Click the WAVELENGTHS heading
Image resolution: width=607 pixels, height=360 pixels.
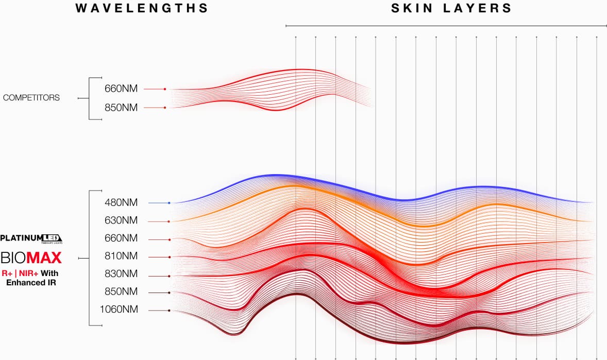pyautogui.click(x=142, y=8)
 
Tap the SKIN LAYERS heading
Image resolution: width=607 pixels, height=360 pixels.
pyautogui.click(x=451, y=8)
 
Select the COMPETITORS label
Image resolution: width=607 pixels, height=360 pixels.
pyautogui.click(x=31, y=97)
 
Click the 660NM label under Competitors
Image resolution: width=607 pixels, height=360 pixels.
pyautogui.click(x=121, y=89)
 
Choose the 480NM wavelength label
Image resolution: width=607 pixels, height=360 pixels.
pyautogui.click(x=121, y=202)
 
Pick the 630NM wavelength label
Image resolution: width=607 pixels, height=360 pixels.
pyautogui.click(x=121, y=220)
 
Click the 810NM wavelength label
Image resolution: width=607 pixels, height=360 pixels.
pyautogui.click(x=121, y=256)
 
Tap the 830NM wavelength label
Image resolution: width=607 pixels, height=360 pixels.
pyautogui.click(x=121, y=274)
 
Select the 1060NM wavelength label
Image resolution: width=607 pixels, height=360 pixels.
pyautogui.click(x=119, y=310)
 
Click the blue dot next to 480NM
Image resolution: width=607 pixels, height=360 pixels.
pyautogui.click(x=169, y=203)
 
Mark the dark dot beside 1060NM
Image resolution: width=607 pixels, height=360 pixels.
pyautogui.click(x=169, y=311)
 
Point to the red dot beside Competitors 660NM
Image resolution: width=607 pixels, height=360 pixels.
pyautogui.click(x=165, y=89)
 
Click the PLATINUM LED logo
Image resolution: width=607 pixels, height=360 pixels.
pyautogui.click(x=31, y=238)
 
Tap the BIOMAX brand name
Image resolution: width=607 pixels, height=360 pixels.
pyautogui.click(x=31, y=257)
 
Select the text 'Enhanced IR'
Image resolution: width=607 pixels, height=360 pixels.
pyautogui.click(x=30, y=282)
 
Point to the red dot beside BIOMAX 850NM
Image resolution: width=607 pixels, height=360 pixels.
pyautogui.click(x=169, y=293)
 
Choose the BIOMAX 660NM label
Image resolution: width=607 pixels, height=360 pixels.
pyautogui.click(x=121, y=238)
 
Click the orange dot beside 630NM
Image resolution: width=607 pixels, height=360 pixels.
pyautogui.click(x=169, y=221)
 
